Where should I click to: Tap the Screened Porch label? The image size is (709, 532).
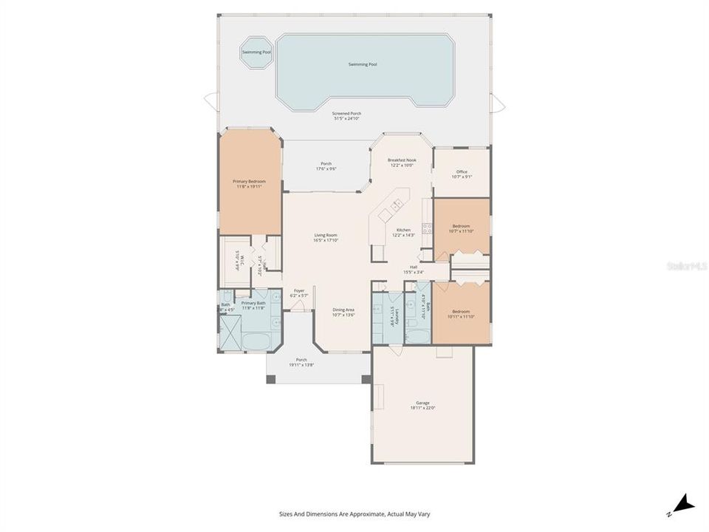(x=346, y=114)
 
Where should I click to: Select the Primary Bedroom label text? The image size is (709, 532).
(x=249, y=181)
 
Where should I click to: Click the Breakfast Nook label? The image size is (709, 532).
(x=402, y=160)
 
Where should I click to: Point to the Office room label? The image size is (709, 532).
(x=462, y=172)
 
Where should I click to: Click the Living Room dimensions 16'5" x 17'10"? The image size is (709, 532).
(x=326, y=240)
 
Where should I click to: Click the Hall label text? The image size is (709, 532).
(x=414, y=267)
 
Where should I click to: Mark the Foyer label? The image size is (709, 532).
(x=299, y=290)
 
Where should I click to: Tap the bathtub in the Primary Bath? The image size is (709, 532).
(x=256, y=341)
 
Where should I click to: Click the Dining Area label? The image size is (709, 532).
(x=344, y=310)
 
